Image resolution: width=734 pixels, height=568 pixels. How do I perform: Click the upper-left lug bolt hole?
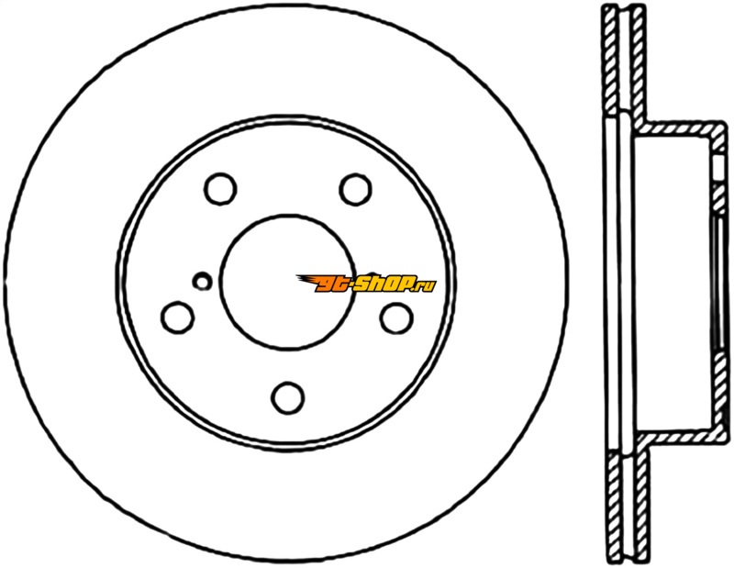[x=220, y=189]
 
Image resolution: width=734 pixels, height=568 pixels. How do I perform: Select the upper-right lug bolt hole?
[x=355, y=189]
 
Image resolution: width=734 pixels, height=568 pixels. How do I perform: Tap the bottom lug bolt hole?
[x=287, y=397]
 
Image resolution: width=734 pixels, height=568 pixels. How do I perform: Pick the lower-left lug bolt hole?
[x=177, y=317]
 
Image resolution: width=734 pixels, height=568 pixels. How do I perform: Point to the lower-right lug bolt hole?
[x=396, y=317]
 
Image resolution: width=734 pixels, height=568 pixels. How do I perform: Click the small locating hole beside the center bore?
[x=202, y=281]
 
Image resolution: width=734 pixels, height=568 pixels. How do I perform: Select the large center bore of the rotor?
[x=287, y=282]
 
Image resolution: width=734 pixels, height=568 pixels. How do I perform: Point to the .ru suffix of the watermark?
[x=425, y=285]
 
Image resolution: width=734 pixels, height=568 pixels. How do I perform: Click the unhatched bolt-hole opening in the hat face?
[x=720, y=166]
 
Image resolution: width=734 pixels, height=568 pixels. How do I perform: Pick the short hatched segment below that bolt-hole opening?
[x=720, y=196]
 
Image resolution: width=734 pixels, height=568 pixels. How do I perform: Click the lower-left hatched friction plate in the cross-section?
[x=615, y=508]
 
